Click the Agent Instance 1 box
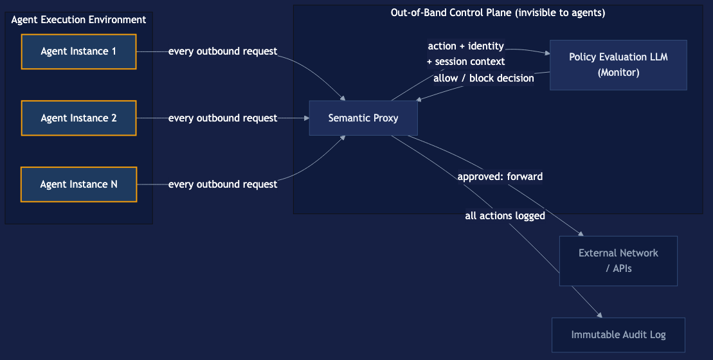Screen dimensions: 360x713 (78, 51)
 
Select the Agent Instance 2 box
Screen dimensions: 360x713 (78, 118)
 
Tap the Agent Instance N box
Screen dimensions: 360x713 (78, 184)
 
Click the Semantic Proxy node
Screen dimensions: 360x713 (363, 118)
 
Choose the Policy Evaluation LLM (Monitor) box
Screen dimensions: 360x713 (618, 65)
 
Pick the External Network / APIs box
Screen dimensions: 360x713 (618, 260)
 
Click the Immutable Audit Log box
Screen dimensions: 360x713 (618, 335)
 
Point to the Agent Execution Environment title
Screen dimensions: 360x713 (78, 20)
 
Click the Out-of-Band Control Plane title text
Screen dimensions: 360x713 (498, 13)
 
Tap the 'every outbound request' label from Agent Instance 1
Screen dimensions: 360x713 (222, 51)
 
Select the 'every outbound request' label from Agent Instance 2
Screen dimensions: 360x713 (222, 118)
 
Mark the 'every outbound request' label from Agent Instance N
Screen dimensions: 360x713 (222, 184)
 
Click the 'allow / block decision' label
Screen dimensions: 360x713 (483, 78)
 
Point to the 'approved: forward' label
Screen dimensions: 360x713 (500, 176)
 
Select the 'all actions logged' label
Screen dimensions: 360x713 (505, 216)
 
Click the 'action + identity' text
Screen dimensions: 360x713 (465, 46)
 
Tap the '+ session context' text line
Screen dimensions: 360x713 (465, 62)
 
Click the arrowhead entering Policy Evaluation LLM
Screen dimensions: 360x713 (546, 53)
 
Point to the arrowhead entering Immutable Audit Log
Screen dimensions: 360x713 (599, 315)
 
